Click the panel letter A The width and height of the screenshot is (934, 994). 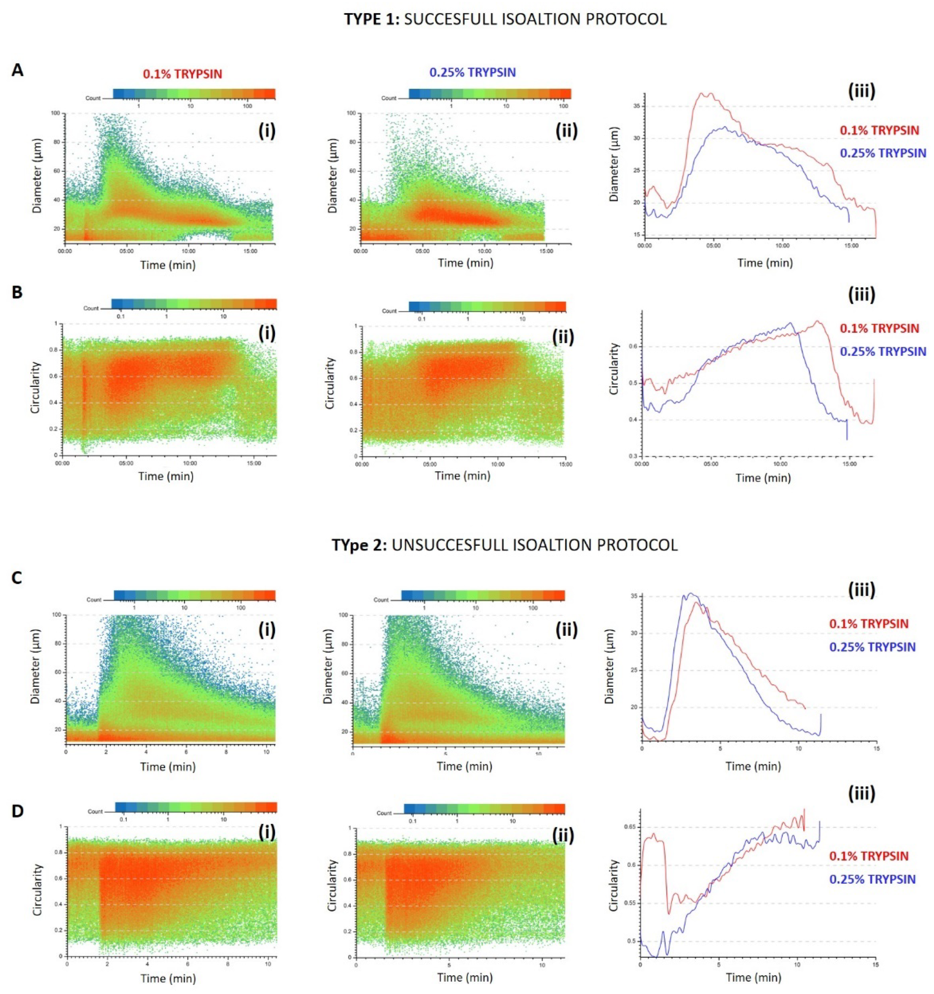[x=18, y=70]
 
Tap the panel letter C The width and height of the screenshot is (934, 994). [x=17, y=578]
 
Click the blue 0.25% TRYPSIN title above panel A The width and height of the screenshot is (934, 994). [x=472, y=73]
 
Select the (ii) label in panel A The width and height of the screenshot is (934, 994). [x=566, y=131]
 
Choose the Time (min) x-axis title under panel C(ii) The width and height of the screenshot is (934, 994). [x=464, y=766]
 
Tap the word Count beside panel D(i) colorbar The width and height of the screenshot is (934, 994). [x=95, y=812]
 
